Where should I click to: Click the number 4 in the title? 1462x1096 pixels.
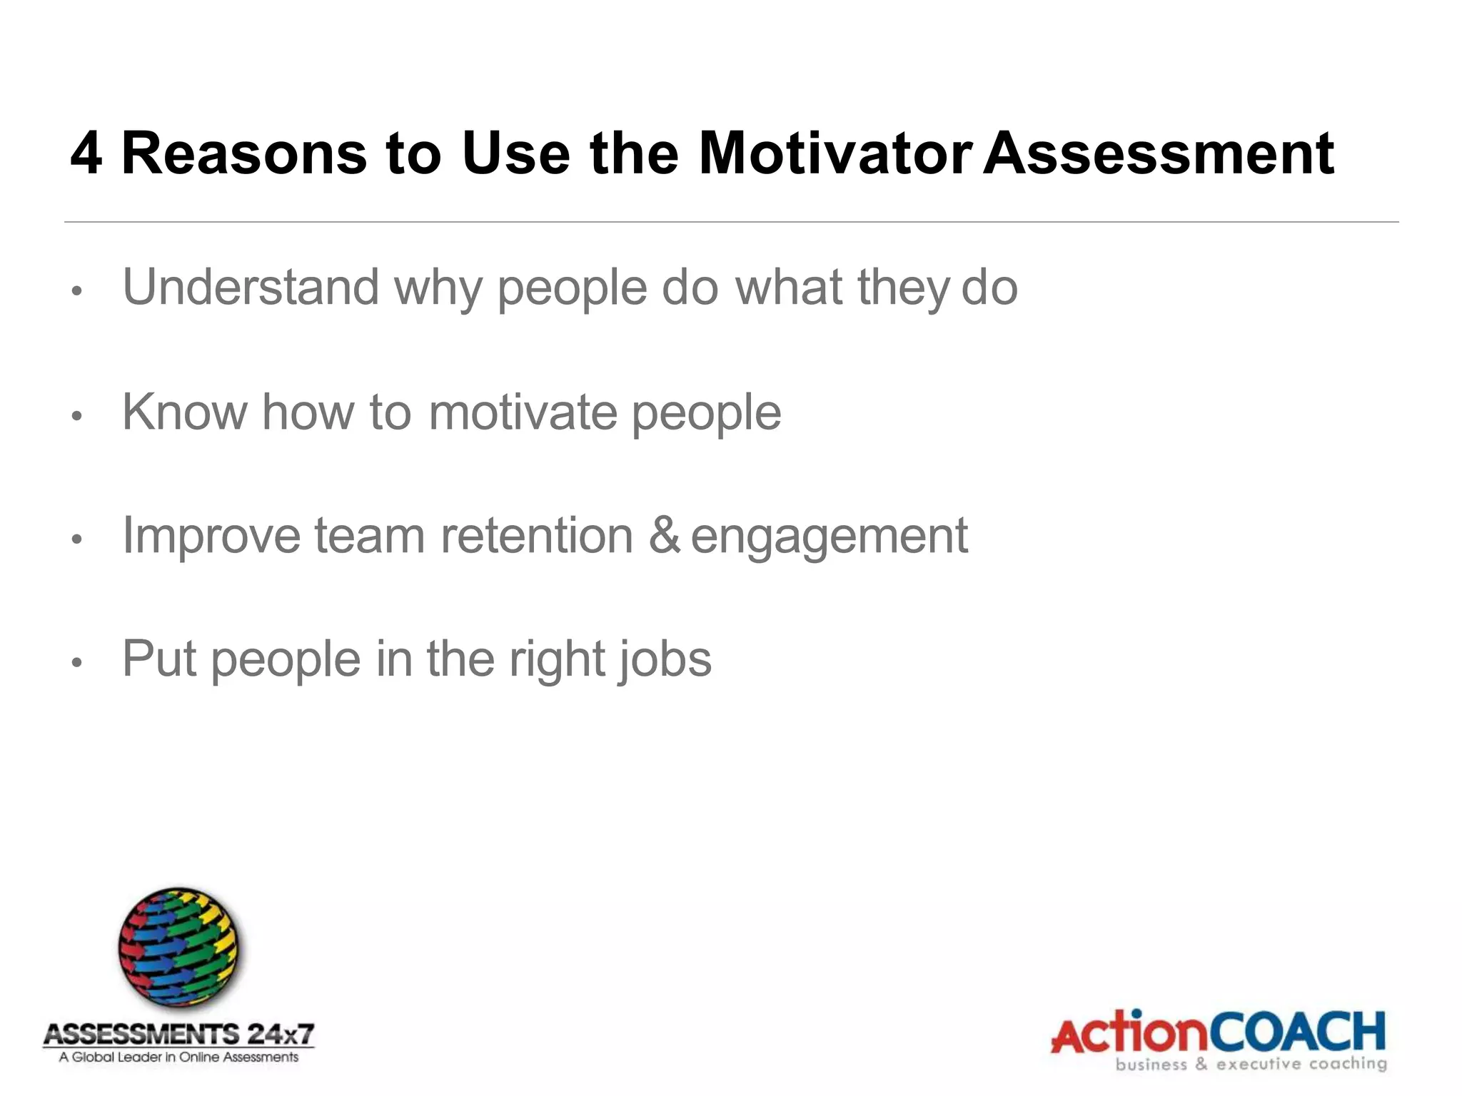pos(86,153)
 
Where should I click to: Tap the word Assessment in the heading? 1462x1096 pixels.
pos(1158,153)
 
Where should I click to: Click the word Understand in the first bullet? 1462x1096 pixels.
pos(251,287)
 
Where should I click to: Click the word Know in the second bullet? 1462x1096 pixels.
pos(183,412)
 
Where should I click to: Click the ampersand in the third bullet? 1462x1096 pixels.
pos(664,536)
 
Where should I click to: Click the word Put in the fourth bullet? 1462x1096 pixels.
pos(158,659)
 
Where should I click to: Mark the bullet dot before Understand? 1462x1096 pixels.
pos(78,291)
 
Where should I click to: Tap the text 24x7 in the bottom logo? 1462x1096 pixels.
pos(280,1034)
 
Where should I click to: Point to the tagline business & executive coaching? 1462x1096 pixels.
pos(1251,1065)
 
